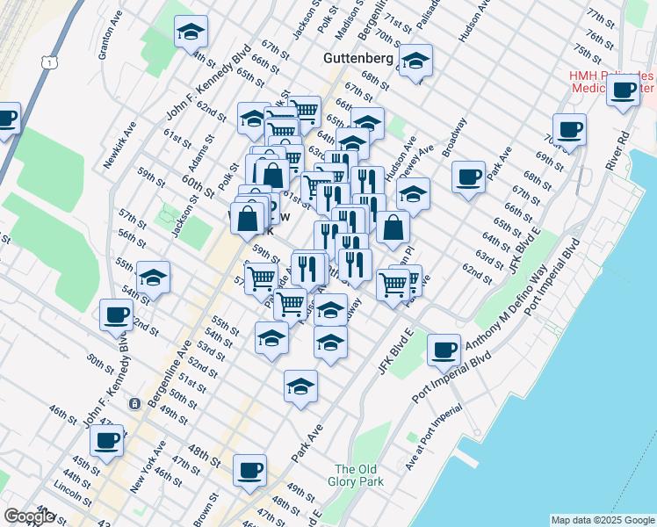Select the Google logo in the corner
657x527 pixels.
pyautogui.click(x=29, y=516)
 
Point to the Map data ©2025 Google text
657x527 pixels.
pyautogui.click(x=603, y=520)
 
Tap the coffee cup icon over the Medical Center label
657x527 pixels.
pyautogui.click(x=624, y=90)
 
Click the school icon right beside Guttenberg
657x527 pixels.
pyautogui.click(x=415, y=61)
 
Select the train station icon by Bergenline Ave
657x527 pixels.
pyautogui.click(x=134, y=404)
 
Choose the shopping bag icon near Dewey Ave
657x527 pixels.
pyautogui.click(x=393, y=228)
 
